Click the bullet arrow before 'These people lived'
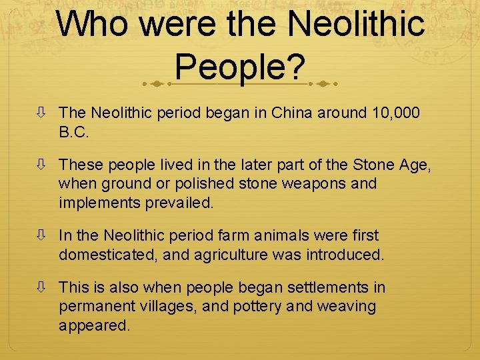click(x=41, y=165)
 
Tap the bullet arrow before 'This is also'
click(x=41, y=287)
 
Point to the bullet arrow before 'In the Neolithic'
click(x=41, y=235)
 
